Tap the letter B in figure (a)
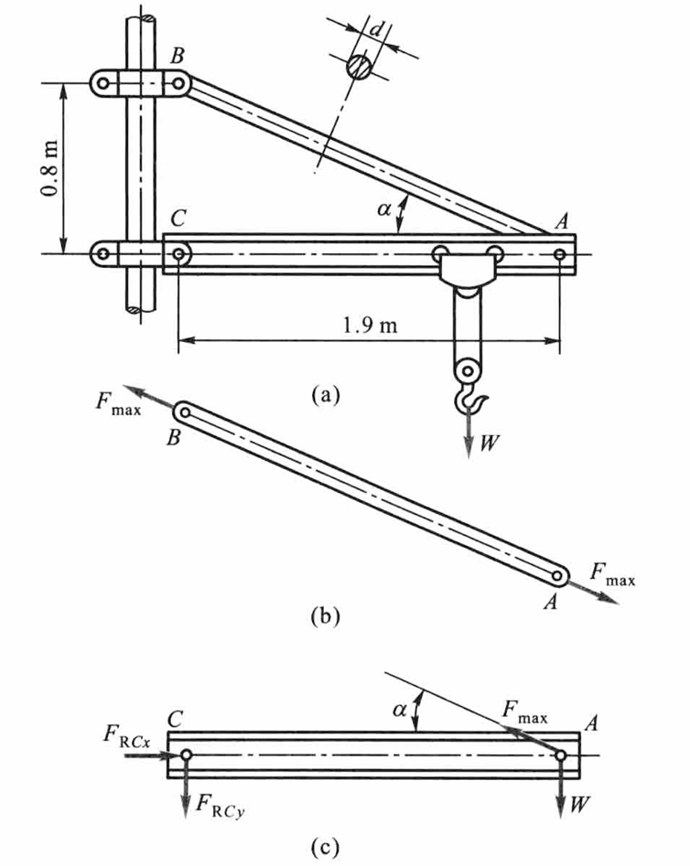tap(178, 55)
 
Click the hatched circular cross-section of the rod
tap(359, 67)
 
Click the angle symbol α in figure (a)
tap(385, 210)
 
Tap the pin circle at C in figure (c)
tap(186, 755)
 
